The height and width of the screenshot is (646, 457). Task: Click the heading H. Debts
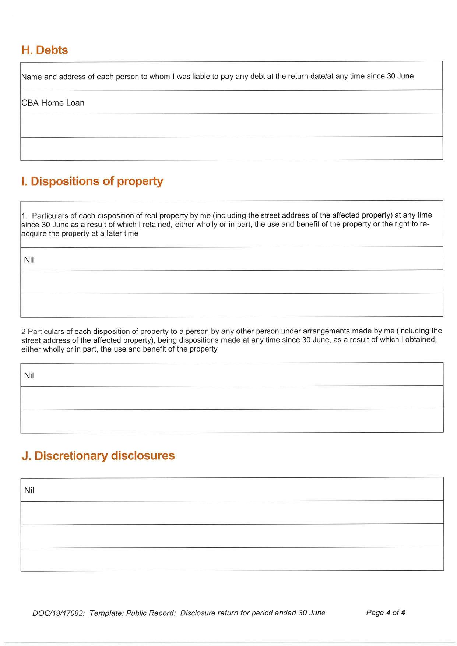coord(45,50)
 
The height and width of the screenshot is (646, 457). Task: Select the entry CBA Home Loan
coord(53,103)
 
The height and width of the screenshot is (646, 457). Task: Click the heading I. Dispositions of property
coord(92,181)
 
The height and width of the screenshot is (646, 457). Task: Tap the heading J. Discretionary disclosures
coord(98,456)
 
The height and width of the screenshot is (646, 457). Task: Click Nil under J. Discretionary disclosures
coord(29,490)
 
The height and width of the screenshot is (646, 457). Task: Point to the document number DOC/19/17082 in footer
coord(59,613)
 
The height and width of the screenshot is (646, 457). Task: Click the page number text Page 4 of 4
coord(385,613)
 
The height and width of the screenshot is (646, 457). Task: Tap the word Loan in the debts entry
coord(75,103)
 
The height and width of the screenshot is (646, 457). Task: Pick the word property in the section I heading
coord(140,181)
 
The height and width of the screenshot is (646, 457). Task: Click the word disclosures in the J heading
coord(143,456)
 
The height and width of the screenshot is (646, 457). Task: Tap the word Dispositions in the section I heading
coord(65,181)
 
